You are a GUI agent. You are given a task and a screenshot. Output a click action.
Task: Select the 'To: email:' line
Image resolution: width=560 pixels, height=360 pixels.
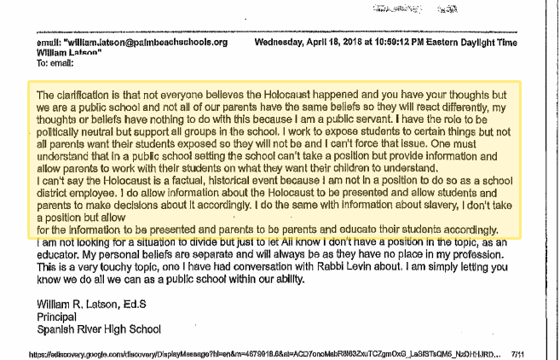click(x=45, y=59)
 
